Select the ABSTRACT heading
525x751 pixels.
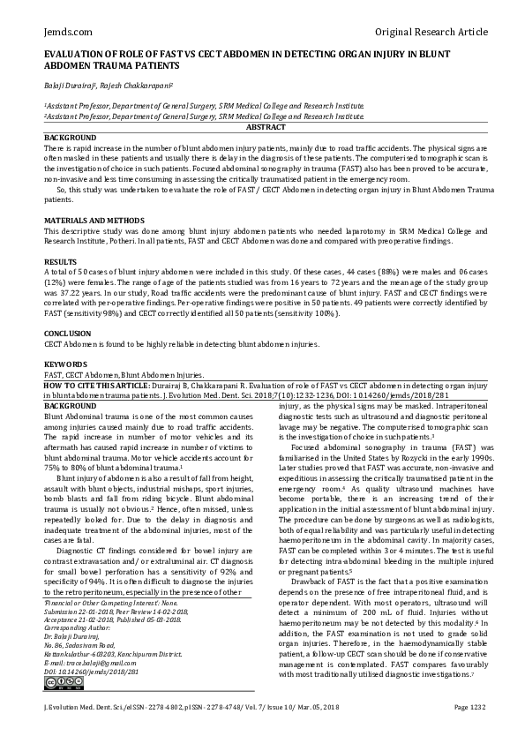(x=262, y=129)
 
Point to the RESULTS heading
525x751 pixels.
(x=60, y=262)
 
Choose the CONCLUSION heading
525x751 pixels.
(x=68, y=334)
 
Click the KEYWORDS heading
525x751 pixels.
(x=65, y=364)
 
